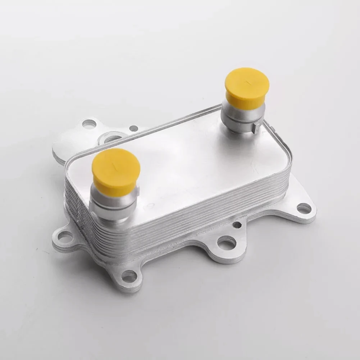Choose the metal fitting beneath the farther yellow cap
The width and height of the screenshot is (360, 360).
coord(243,119)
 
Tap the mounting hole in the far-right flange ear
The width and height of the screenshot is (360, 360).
coord(304,208)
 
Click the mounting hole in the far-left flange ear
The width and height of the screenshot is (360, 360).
coord(65,237)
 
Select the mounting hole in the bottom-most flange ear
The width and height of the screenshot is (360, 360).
coord(129,276)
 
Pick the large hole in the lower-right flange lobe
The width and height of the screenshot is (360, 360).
coord(227,243)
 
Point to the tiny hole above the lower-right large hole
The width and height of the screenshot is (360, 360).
coord(237,225)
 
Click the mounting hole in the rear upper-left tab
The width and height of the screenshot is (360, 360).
coord(89,124)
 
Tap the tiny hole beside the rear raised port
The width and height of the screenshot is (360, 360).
coord(133,128)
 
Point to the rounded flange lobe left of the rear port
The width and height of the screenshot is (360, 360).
coord(68,142)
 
